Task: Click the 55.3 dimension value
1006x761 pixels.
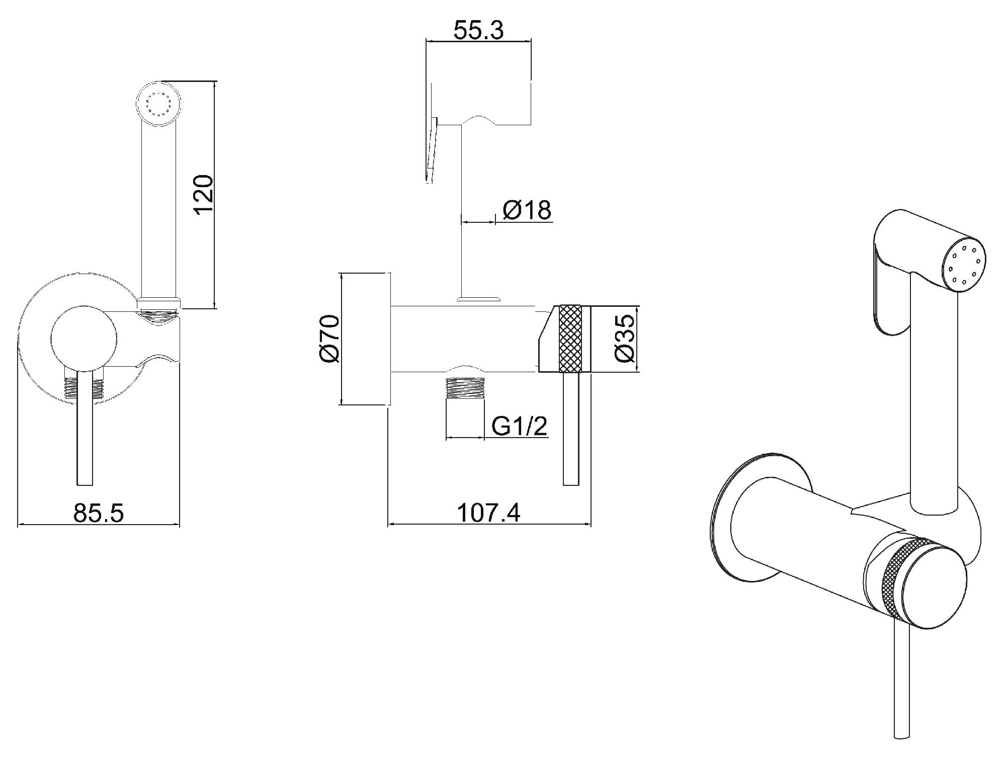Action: [478, 31]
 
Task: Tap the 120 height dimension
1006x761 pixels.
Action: [204, 195]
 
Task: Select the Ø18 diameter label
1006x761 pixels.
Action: [527, 210]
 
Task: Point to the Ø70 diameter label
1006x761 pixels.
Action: [330, 339]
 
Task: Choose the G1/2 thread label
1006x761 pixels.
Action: [519, 427]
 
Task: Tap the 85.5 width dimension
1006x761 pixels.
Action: [99, 513]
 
